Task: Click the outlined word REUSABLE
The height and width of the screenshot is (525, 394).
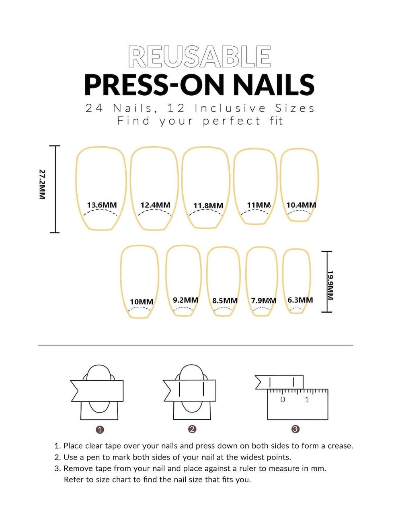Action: click(199, 56)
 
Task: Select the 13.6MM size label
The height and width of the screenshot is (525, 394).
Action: click(102, 205)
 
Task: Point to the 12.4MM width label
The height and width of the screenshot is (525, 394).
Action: click(155, 205)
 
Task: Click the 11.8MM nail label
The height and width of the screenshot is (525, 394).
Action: click(208, 206)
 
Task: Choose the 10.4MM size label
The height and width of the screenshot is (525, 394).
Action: click(301, 205)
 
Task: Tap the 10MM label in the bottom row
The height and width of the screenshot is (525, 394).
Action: click(142, 302)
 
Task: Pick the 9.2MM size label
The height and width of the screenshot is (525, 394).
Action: click(185, 300)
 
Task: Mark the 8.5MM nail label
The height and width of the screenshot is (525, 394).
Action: click(225, 301)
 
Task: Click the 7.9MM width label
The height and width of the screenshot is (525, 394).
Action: click(264, 301)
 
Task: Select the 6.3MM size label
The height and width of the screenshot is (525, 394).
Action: click(300, 300)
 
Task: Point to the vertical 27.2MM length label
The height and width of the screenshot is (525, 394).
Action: click(42, 185)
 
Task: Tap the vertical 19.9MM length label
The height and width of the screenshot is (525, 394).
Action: click(330, 285)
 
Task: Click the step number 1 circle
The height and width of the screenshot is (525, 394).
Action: click(100, 430)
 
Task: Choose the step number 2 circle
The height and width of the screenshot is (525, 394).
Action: click(192, 429)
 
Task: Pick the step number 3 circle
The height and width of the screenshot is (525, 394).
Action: click(295, 429)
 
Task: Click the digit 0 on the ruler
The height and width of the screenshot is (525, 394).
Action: click(283, 399)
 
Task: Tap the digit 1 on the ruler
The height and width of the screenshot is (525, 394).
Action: click(307, 399)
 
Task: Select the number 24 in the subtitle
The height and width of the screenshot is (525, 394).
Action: click(94, 109)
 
